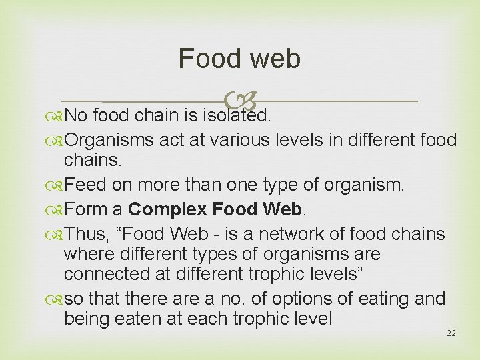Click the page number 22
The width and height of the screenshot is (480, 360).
pos(451,333)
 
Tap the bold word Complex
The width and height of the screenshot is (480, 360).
pos(167,209)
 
